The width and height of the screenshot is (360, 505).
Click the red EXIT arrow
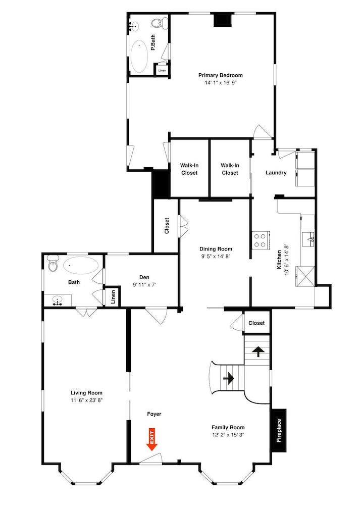pyautogui.click(x=151, y=439)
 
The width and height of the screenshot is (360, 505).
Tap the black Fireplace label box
pyautogui.click(x=279, y=430)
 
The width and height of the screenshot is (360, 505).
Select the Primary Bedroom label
pyautogui.click(x=220, y=75)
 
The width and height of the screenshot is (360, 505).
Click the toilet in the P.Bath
pyautogui.click(x=159, y=23)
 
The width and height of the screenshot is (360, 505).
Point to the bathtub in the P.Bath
pyautogui.click(x=139, y=56)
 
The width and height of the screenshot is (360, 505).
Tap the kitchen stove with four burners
pyautogui.click(x=260, y=240)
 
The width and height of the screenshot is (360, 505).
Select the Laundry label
pyautogui.click(x=276, y=173)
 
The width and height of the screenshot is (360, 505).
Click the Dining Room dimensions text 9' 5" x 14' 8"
pyautogui.click(x=216, y=257)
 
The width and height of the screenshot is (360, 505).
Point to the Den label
pyautogui.click(x=144, y=277)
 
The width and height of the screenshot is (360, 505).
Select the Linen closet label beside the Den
pyautogui.click(x=113, y=297)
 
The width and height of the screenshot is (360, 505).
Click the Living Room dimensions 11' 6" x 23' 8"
pyautogui.click(x=87, y=400)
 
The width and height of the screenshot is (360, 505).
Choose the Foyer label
pyautogui.click(x=154, y=414)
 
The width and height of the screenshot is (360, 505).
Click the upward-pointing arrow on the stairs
pyautogui.click(x=258, y=351)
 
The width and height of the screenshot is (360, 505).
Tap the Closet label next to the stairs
pyautogui.click(x=256, y=323)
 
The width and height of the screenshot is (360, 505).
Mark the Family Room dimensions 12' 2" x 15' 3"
pyautogui.click(x=228, y=435)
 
